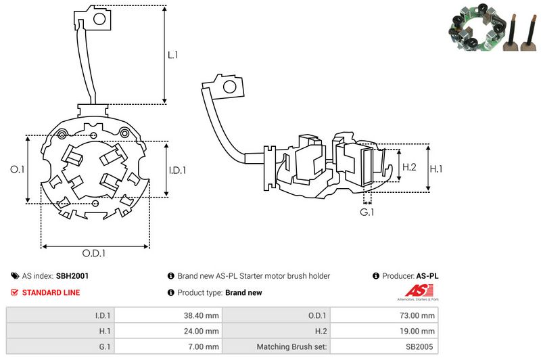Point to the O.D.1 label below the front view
pos(95,254)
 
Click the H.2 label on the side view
pos(410,167)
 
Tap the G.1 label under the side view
pos(367,213)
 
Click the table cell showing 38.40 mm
pos(203,315)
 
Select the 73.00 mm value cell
pos(419,315)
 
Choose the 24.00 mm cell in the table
pos(203,331)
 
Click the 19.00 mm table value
pos(419,331)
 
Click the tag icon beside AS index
pos(15,276)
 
